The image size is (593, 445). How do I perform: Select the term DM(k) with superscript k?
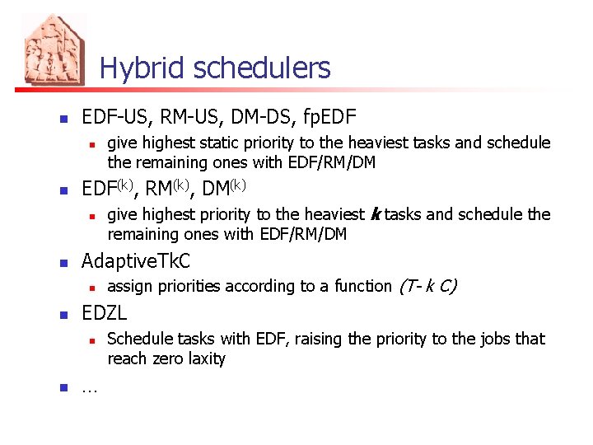coord(224,189)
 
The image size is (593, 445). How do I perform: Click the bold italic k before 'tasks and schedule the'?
coord(376,215)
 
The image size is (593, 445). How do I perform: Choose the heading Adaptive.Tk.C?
coord(136,261)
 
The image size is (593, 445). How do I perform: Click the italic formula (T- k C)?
coord(427,286)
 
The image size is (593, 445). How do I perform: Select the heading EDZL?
coord(105,313)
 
